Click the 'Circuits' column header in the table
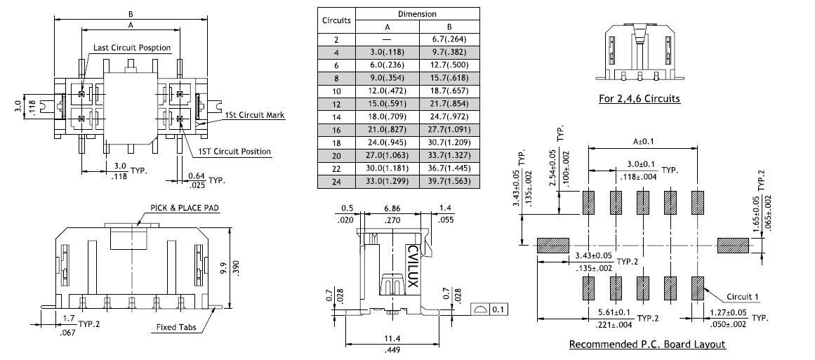336,20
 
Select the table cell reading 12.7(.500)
449,65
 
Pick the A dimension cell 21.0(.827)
387,130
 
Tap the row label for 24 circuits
336,181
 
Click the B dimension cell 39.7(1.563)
449,181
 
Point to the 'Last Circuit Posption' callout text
133,47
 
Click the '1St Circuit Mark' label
254,114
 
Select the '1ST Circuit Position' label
234,151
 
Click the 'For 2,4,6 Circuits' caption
639,98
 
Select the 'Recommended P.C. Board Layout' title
647,344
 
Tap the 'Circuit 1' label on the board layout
743,296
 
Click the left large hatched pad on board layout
552,245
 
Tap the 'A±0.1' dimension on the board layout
642,141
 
